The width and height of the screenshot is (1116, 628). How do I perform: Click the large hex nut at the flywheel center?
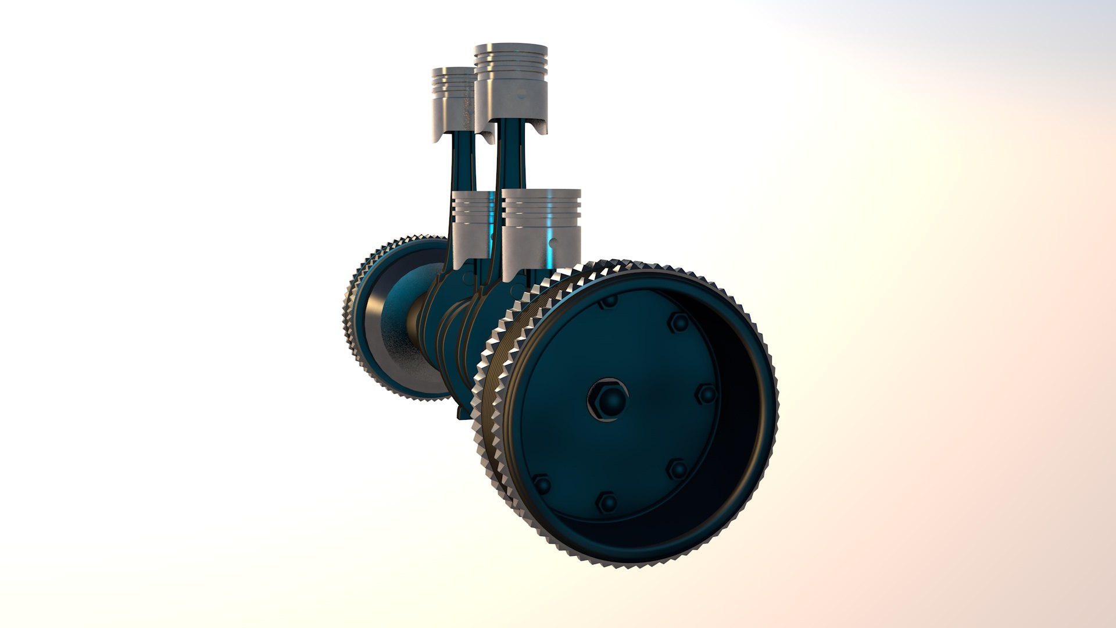pyautogui.click(x=608, y=399)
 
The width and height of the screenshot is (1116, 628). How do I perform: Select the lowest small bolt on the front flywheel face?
pyautogui.click(x=607, y=501)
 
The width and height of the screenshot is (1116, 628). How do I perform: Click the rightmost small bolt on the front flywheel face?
pyautogui.click(x=707, y=395)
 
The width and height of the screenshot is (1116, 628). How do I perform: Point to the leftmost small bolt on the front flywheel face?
pyautogui.click(x=542, y=484)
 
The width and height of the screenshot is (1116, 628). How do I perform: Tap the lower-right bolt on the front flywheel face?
pyautogui.click(x=677, y=469)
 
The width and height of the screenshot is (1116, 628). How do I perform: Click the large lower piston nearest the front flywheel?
pyautogui.click(x=541, y=233)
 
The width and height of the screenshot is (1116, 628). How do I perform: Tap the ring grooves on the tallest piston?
pyautogui.click(x=511, y=64)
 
